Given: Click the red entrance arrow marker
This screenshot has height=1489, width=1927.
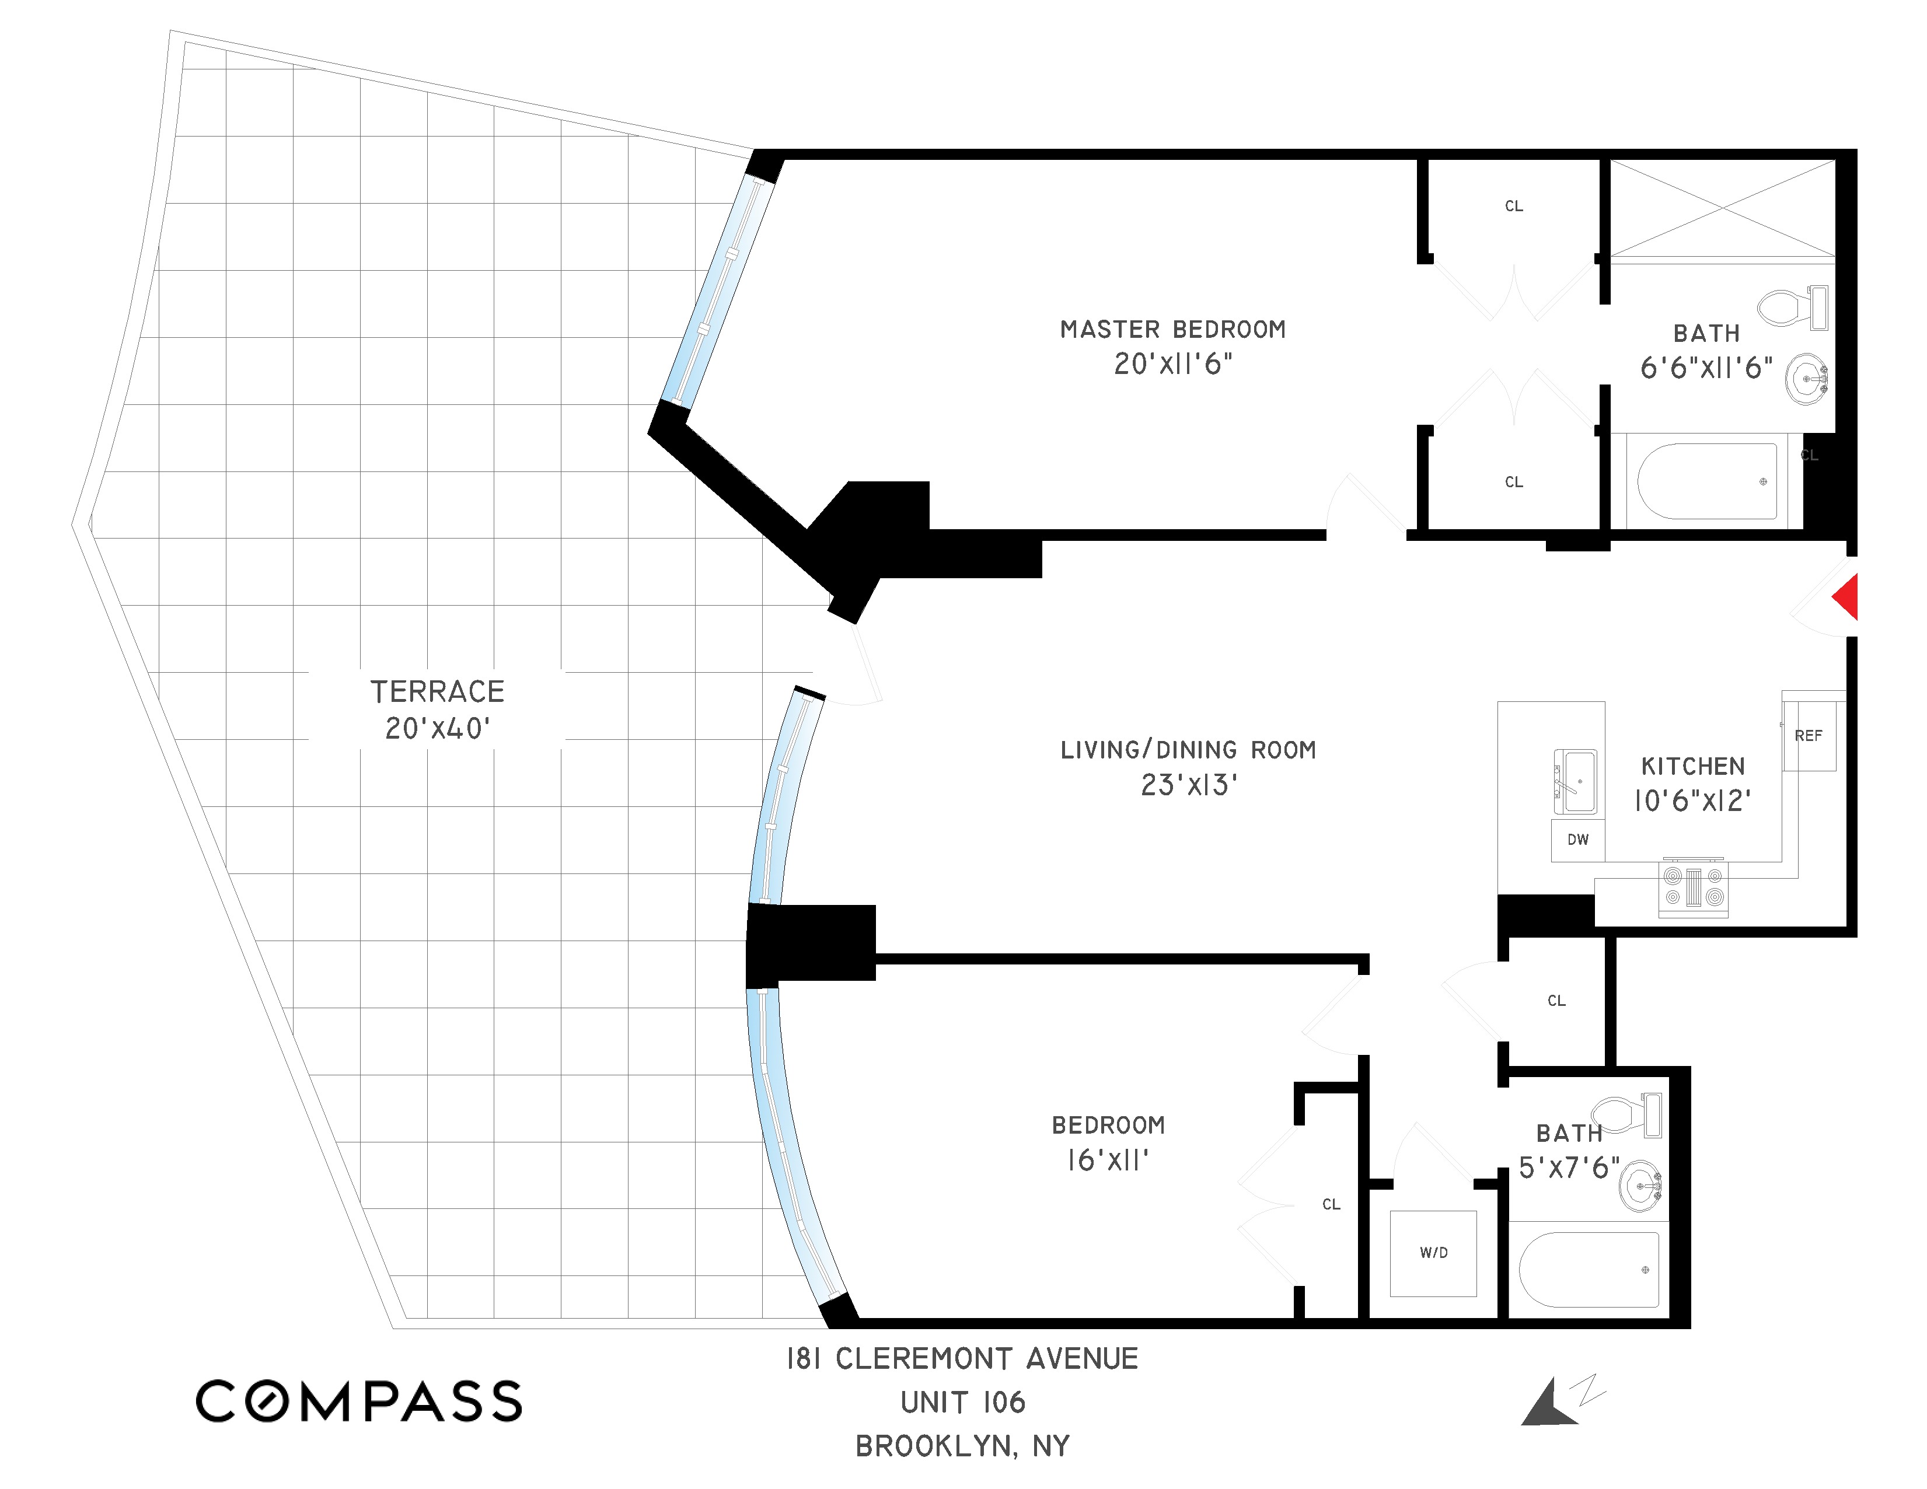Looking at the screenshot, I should [x=1846, y=597].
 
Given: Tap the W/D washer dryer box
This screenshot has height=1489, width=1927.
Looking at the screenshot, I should [x=1433, y=1253].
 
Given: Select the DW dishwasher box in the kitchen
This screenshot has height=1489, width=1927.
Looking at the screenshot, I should [x=1577, y=840].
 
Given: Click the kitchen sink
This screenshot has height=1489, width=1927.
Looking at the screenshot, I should [x=1575, y=781].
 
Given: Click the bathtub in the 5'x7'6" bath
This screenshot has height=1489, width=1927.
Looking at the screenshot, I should [x=1588, y=1270].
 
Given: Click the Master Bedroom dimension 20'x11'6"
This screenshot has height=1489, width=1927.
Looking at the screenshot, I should [x=1172, y=364].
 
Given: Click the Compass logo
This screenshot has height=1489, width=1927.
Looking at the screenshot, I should [x=358, y=1401].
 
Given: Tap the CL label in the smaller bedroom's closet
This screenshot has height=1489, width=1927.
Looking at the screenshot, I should [x=1331, y=1205].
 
